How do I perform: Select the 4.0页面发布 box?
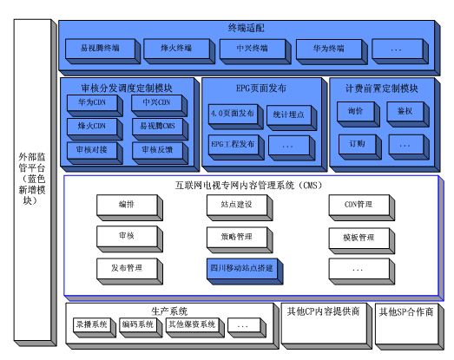point(234,114)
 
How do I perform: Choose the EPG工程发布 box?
point(234,143)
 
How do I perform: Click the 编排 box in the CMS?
point(127,206)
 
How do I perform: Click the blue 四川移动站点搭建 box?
point(240,268)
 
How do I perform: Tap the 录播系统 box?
point(91,326)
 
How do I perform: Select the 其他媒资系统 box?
point(192,326)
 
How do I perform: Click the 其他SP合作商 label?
point(405,311)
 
